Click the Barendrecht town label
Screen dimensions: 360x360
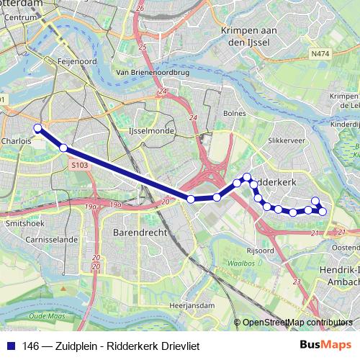tap(140, 233)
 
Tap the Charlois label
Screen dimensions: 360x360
tap(16, 142)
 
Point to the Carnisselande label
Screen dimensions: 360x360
tap(53, 239)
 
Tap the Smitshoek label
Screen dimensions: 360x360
tap(19, 224)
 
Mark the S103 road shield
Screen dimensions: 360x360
tap(79, 165)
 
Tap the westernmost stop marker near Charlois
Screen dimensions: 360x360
tap(38, 129)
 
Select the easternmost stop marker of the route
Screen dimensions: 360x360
tap(323, 211)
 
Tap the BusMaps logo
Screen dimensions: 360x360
tap(325, 346)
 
